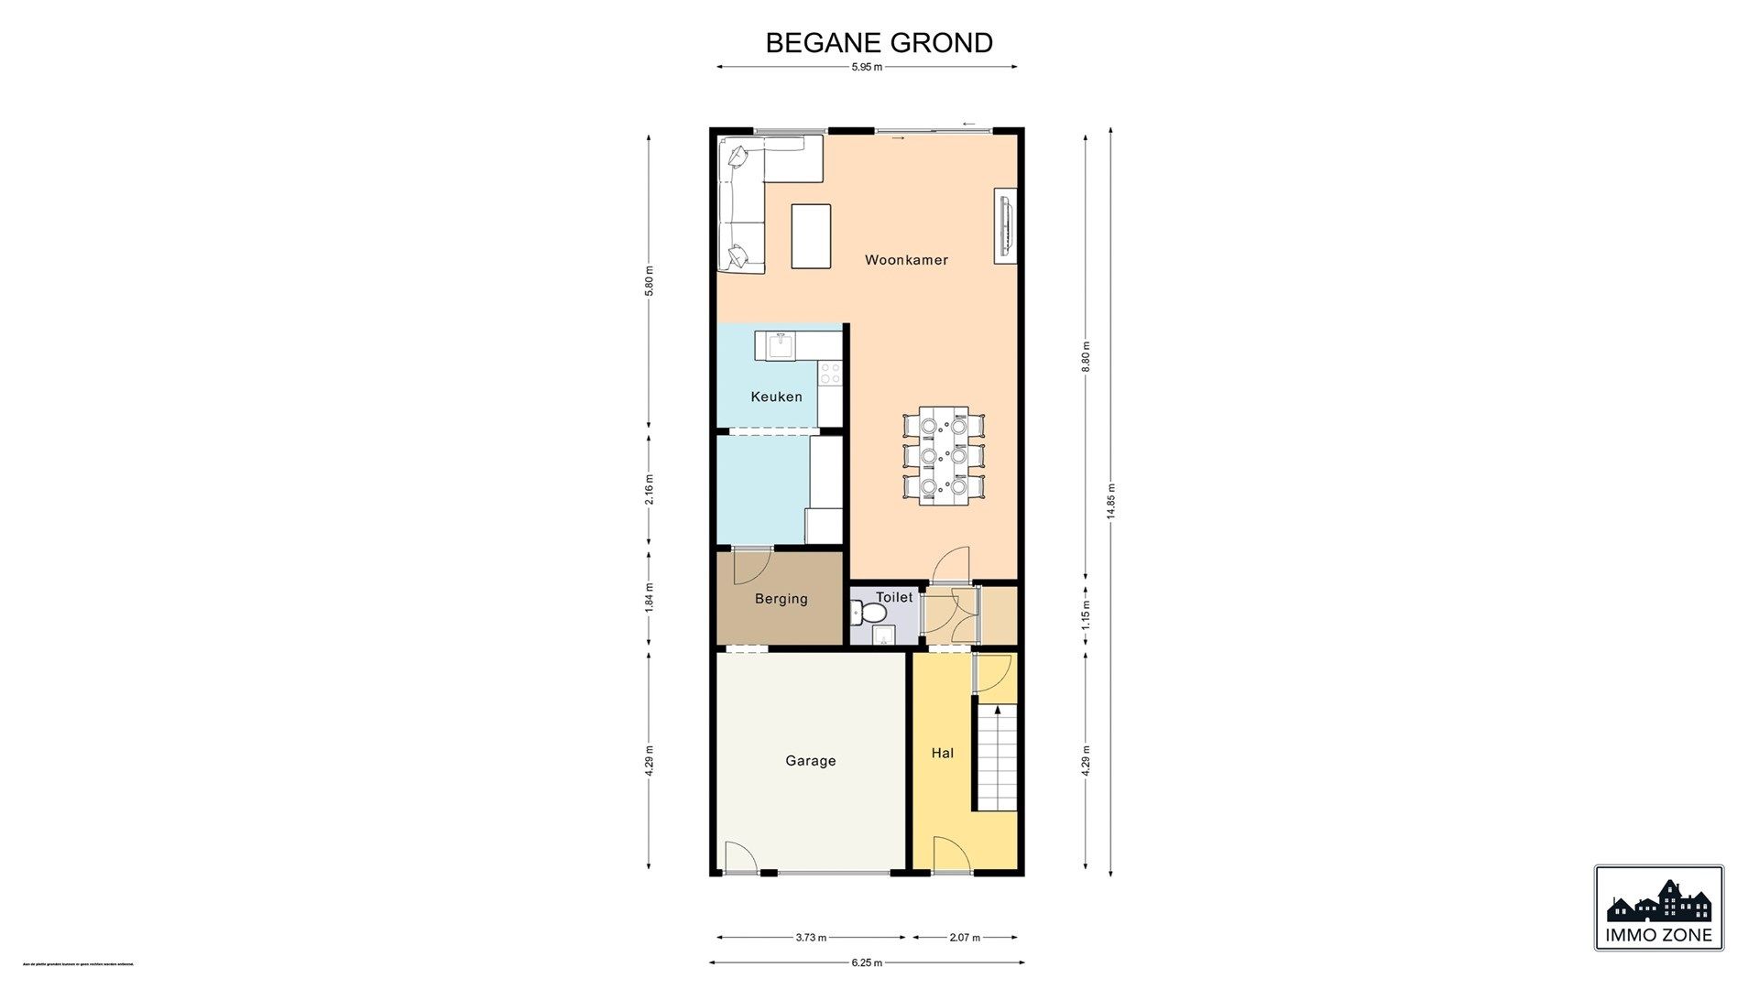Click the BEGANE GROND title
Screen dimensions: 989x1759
[879, 43]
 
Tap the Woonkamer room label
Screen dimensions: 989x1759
[906, 260]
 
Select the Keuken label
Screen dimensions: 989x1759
[776, 397]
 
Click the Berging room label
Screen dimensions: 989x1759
[781, 599]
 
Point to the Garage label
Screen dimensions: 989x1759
[810, 761]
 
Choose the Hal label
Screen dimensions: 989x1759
[942, 753]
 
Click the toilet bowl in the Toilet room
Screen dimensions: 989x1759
[865, 611]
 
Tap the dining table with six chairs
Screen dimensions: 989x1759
[944, 455]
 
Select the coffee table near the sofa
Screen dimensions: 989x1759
[811, 236]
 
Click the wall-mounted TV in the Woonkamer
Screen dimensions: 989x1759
[1006, 227]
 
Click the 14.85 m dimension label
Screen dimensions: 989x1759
[1110, 501]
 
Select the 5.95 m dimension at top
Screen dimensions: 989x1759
[866, 67]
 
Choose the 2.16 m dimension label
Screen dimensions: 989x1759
[649, 489]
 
